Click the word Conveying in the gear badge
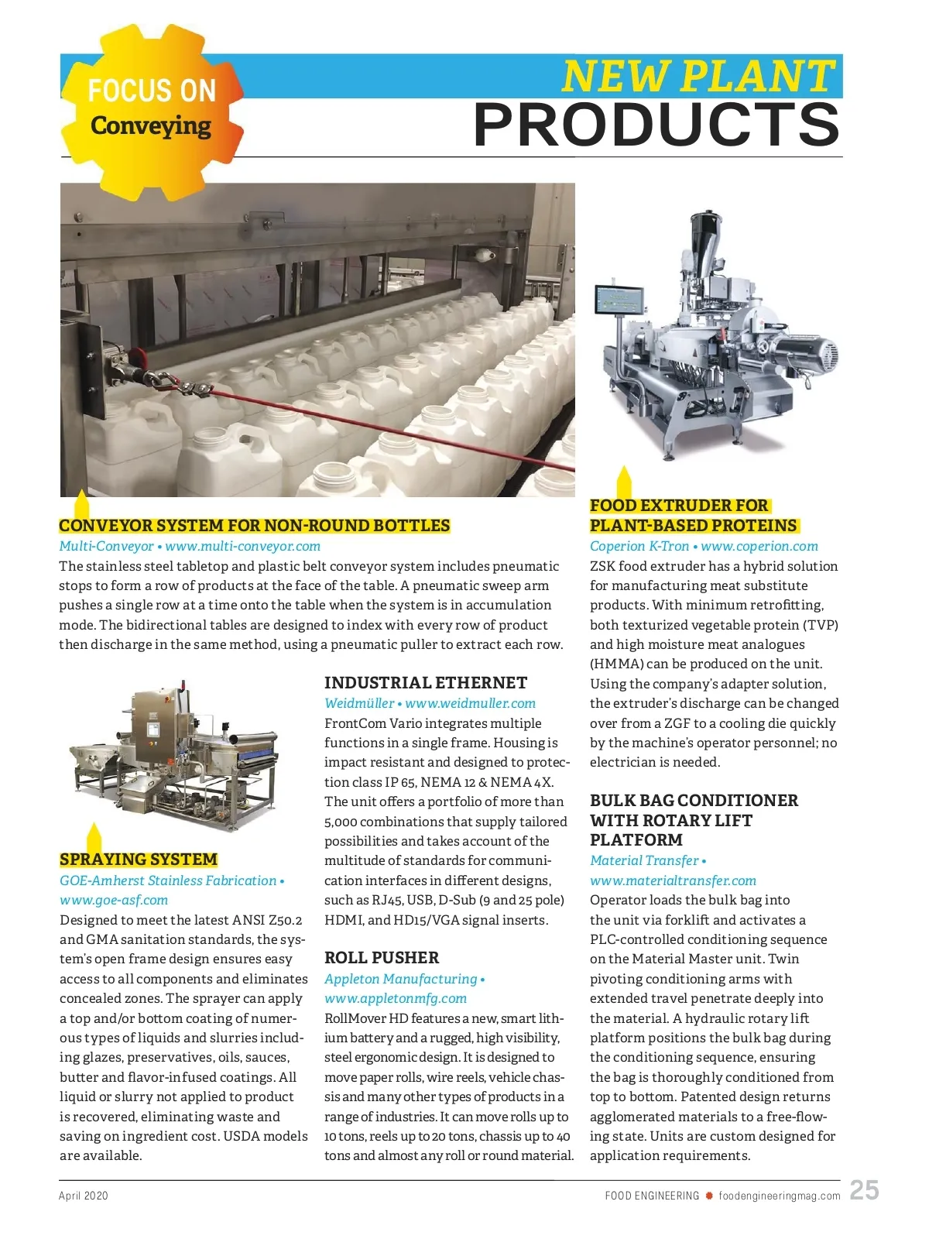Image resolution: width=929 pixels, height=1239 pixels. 150,125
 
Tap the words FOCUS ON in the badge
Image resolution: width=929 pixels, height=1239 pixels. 152,91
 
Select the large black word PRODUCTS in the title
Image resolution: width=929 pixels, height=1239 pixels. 656,125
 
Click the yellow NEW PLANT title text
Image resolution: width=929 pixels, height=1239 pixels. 698,76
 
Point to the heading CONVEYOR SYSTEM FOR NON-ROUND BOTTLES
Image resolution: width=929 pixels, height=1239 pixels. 255,526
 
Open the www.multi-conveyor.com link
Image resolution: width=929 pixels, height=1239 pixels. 242,546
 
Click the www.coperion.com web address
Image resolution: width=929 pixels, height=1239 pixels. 759,546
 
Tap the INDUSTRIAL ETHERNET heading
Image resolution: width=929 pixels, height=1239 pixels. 425,683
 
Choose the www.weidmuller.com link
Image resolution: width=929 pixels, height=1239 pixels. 470,703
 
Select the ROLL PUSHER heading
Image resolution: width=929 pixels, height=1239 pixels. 382,958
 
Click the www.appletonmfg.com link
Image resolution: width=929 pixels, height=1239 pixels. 396,998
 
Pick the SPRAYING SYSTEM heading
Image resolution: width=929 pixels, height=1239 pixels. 139,860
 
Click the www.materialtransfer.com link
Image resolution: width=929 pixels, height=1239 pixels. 673,880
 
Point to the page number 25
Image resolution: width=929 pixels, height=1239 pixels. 864,1190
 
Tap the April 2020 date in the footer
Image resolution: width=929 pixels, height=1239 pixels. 84,1196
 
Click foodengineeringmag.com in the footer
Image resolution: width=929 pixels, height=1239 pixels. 779,1196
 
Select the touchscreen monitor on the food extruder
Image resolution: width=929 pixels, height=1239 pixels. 618,300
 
